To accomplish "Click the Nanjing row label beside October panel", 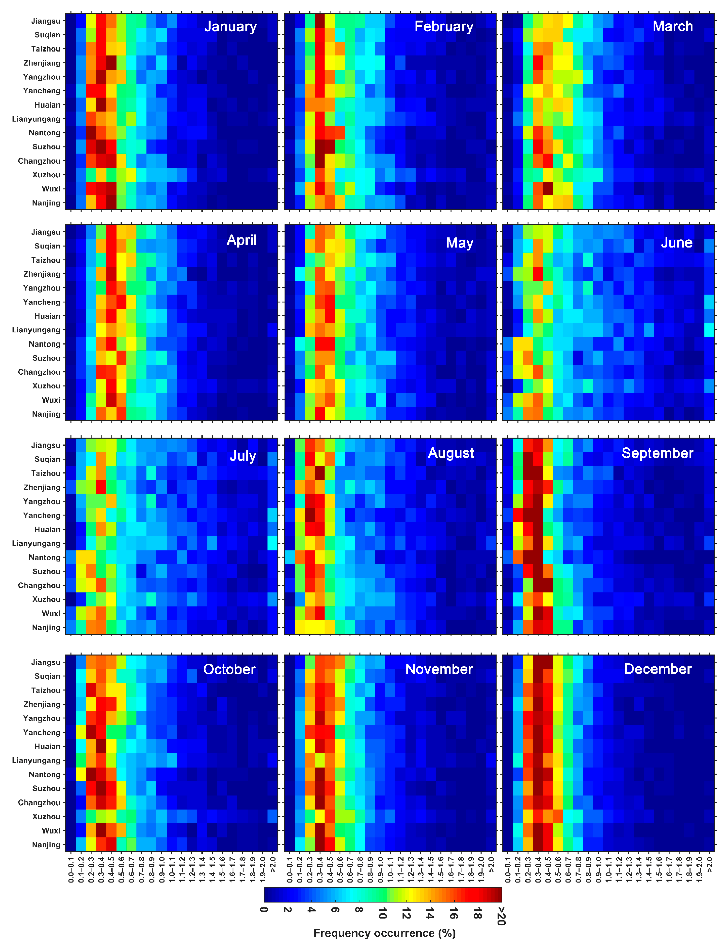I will tap(46, 845).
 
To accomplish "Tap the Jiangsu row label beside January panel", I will tap(45, 21).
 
